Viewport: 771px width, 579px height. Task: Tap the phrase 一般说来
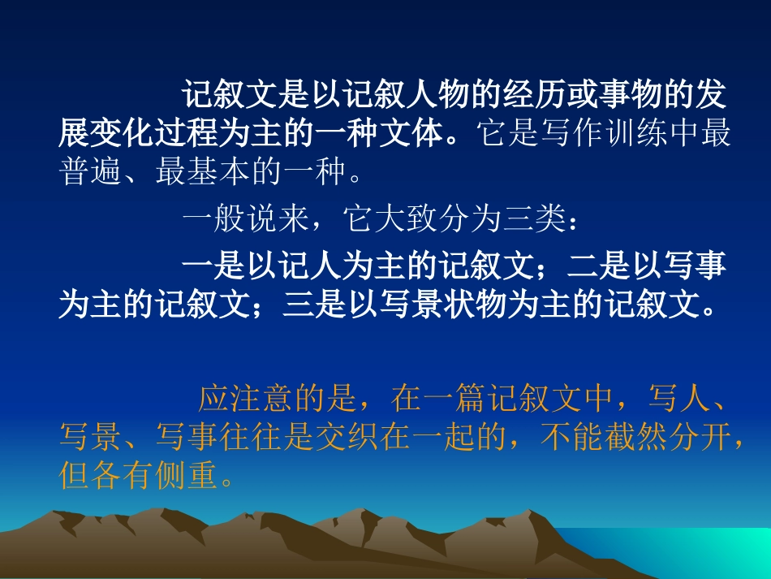(244, 219)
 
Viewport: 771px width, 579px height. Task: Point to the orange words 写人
(679, 399)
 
